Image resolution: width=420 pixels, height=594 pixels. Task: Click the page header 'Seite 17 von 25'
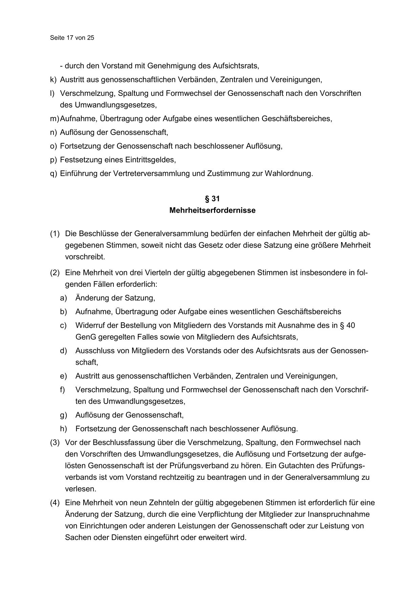(x=72, y=38)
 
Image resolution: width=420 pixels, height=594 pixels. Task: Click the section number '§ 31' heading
(x=212, y=198)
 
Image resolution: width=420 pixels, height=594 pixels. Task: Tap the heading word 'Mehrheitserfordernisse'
(x=212, y=210)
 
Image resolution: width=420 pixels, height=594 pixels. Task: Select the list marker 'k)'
(x=53, y=80)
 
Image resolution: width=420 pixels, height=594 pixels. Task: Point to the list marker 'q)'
(x=53, y=173)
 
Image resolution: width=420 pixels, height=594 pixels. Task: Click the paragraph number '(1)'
(x=55, y=234)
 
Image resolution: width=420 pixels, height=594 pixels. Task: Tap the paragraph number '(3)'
(x=55, y=442)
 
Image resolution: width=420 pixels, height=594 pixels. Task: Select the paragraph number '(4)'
(x=55, y=503)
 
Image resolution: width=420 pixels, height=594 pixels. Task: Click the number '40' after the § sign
(x=351, y=325)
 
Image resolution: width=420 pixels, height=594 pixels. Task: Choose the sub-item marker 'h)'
(x=63, y=429)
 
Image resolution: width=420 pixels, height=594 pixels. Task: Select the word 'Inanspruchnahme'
(x=338, y=514)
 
